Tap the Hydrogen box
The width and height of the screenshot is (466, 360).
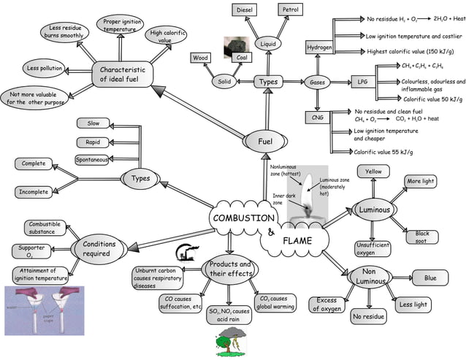pyautogui.click(x=319, y=47)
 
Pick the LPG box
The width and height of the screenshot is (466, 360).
pyautogui.click(x=362, y=82)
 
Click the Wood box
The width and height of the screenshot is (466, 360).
pyautogui.click(x=200, y=58)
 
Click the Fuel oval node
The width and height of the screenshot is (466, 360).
pyautogui.click(x=264, y=141)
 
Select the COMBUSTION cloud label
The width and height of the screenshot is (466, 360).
pyautogui.click(x=243, y=218)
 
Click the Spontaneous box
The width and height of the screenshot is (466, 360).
pyautogui.click(x=92, y=160)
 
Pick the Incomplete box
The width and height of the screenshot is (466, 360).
pyautogui.click(x=34, y=192)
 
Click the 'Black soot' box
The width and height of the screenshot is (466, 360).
pyautogui.click(x=422, y=237)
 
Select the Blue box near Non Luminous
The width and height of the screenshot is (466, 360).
pyautogui.click(x=430, y=277)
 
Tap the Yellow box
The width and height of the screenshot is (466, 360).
pyautogui.click(x=373, y=172)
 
